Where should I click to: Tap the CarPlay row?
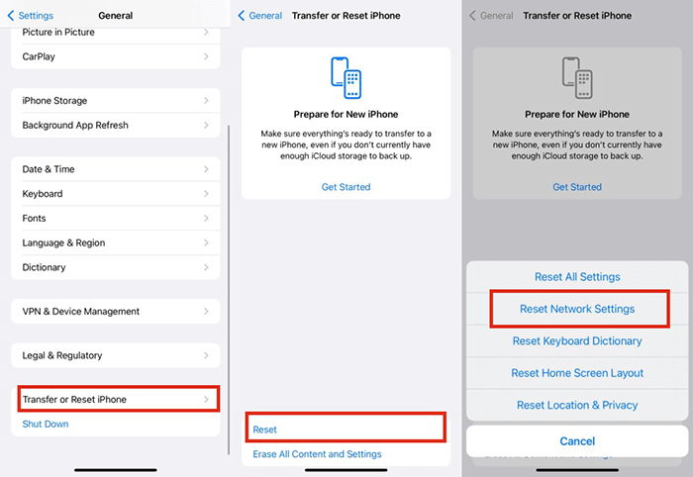(x=115, y=56)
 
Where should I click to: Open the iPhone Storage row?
(x=115, y=101)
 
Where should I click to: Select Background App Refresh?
(x=115, y=126)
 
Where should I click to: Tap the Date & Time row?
(x=115, y=169)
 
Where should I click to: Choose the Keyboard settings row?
(x=115, y=194)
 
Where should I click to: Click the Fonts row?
(x=115, y=219)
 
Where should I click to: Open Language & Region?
(x=115, y=242)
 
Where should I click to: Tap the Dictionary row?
(x=115, y=267)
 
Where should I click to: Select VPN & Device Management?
(x=115, y=312)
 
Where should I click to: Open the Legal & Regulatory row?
(x=115, y=355)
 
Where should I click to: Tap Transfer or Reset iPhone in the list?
(x=115, y=399)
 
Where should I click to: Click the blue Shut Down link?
(x=46, y=424)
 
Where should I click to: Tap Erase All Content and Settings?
(x=317, y=454)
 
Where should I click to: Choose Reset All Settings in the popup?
(x=577, y=277)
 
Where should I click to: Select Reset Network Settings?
(x=577, y=309)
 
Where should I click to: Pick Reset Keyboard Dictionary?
(x=577, y=341)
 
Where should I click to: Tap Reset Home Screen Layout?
(x=577, y=373)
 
